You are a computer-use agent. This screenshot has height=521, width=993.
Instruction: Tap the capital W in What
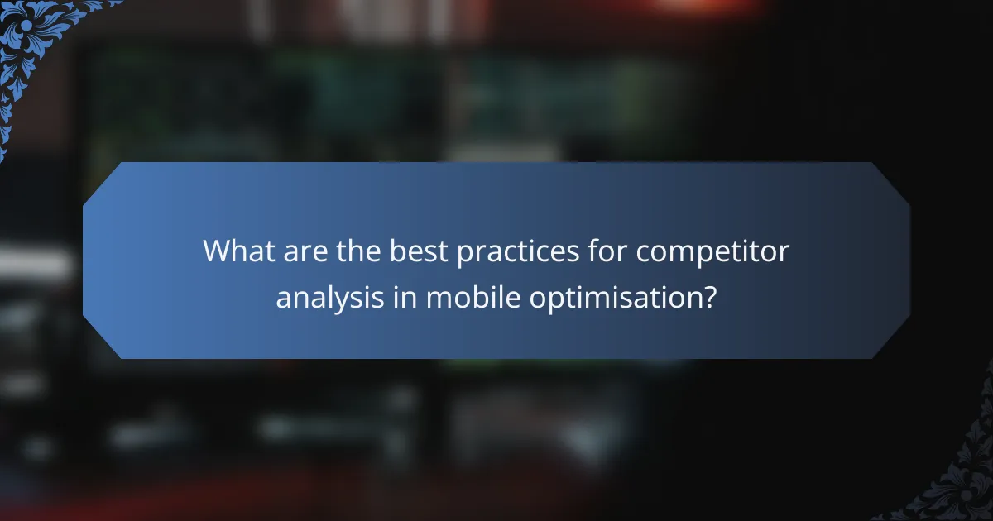[218, 251]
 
